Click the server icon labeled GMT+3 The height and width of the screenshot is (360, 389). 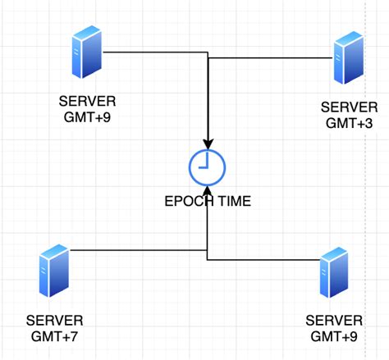point(348,58)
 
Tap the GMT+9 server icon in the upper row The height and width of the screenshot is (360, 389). point(87,51)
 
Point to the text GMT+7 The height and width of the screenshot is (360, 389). point(54,335)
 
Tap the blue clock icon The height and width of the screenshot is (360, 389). point(208,167)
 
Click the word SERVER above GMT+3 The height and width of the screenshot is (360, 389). point(349,107)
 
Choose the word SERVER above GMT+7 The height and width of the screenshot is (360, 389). point(54,320)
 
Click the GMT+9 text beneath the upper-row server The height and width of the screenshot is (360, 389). point(87,117)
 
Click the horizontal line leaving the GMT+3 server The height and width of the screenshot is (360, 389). point(271,58)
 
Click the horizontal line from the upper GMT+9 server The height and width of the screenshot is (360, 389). point(156,52)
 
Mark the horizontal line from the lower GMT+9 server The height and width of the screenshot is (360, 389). point(263,260)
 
